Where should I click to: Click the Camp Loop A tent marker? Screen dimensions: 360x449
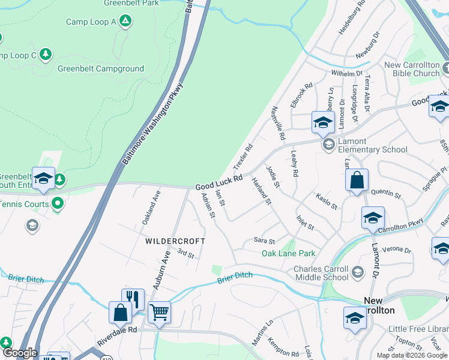coord(125,22)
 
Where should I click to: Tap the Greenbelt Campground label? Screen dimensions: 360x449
coord(101,68)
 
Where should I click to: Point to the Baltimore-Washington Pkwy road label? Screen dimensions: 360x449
coord(152,124)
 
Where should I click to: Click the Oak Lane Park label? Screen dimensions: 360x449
coord(288,253)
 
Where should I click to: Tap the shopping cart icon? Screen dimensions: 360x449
coord(159,311)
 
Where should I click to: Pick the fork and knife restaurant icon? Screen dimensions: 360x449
coord(133,299)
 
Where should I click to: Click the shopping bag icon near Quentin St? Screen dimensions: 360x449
coord(357,180)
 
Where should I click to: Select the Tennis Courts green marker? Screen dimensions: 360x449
coord(58,204)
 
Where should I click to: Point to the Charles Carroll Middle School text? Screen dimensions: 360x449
coord(321,273)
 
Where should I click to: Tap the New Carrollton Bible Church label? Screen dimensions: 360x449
coord(412,69)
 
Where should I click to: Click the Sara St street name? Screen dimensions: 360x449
coord(264,241)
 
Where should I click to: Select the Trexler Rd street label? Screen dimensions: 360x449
coord(243,155)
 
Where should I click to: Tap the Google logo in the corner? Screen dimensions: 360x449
coord(19,353)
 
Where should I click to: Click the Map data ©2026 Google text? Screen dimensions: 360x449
coord(411,355)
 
